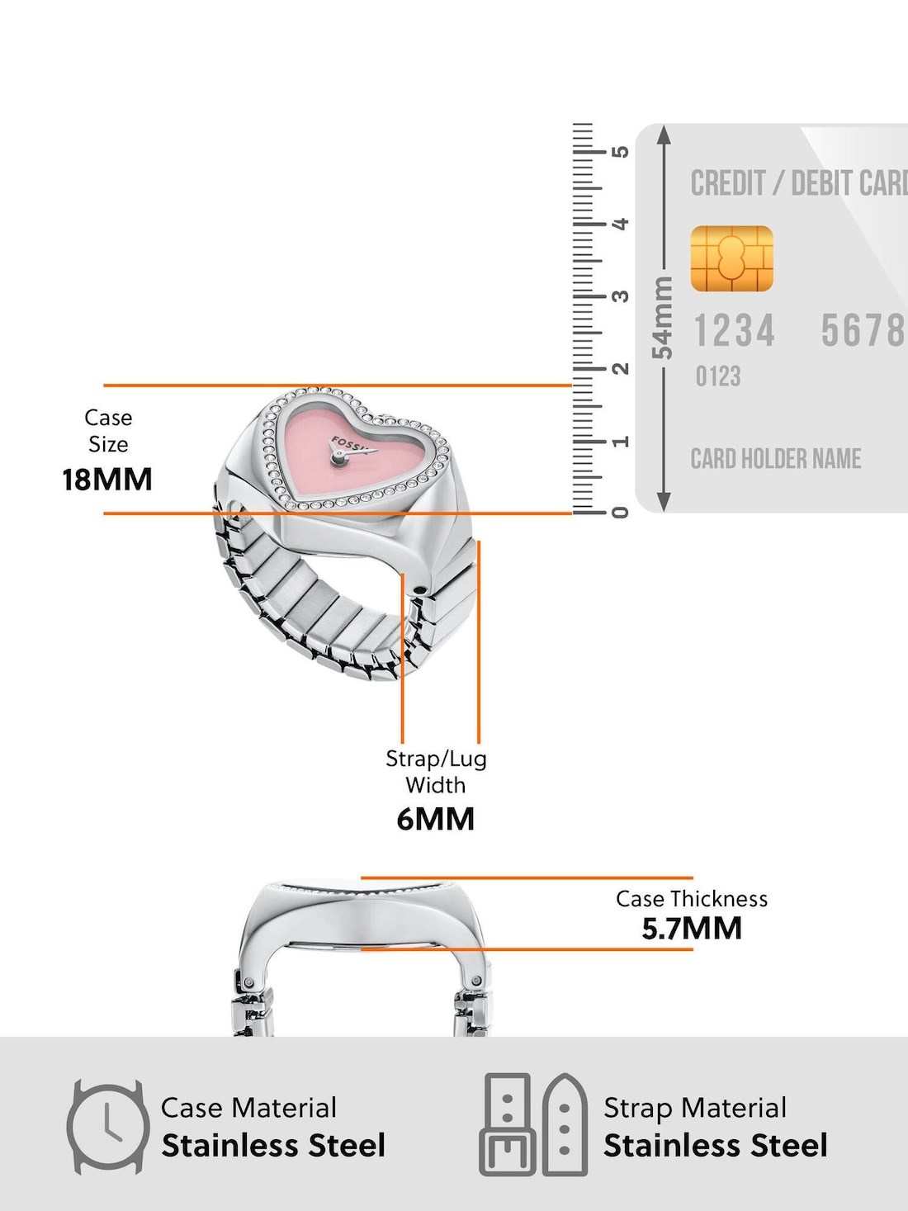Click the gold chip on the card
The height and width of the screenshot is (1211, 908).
pyautogui.click(x=731, y=258)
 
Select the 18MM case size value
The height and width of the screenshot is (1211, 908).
pyautogui.click(x=107, y=480)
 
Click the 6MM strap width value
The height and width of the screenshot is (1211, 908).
pyautogui.click(x=436, y=819)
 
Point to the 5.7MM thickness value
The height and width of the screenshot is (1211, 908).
pyautogui.click(x=692, y=929)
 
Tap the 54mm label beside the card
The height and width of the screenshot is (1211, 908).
pyautogui.click(x=663, y=318)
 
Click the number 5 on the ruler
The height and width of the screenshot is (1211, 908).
pyautogui.click(x=621, y=152)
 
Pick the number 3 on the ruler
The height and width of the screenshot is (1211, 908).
pyautogui.click(x=621, y=296)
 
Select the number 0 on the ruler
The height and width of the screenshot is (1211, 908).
pyautogui.click(x=621, y=513)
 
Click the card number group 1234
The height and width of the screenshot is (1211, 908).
pyautogui.click(x=734, y=331)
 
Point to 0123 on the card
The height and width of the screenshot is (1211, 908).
pyautogui.click(x=718, y=377)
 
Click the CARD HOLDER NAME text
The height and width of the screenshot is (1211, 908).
pyautogui.click(x=775, y=459)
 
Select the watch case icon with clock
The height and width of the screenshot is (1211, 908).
pyautogui.click(x=107, y=1127)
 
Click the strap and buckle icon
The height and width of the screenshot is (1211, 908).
pyautogui.click(x=535, y=1124)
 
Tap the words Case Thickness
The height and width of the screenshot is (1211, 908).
pyautogui.click(x=692, y=899)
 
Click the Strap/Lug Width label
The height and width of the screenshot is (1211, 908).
pyautogui.click(x=436, y=772)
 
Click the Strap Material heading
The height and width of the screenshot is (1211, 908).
pyautogui.click(x=695, y=1108)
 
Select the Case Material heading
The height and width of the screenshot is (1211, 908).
pyautogui.click(x=248, y=1108)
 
